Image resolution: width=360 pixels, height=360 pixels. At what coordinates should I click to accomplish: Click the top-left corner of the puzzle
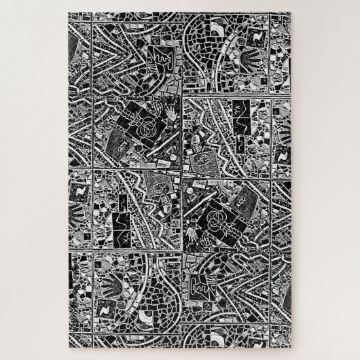69,12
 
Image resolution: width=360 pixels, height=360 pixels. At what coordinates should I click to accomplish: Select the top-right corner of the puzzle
291,12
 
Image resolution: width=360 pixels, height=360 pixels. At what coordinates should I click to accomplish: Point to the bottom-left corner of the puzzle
69,348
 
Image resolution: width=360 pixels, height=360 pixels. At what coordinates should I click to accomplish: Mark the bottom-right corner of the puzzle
291,348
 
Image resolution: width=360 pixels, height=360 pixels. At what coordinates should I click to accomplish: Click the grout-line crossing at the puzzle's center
182,179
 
